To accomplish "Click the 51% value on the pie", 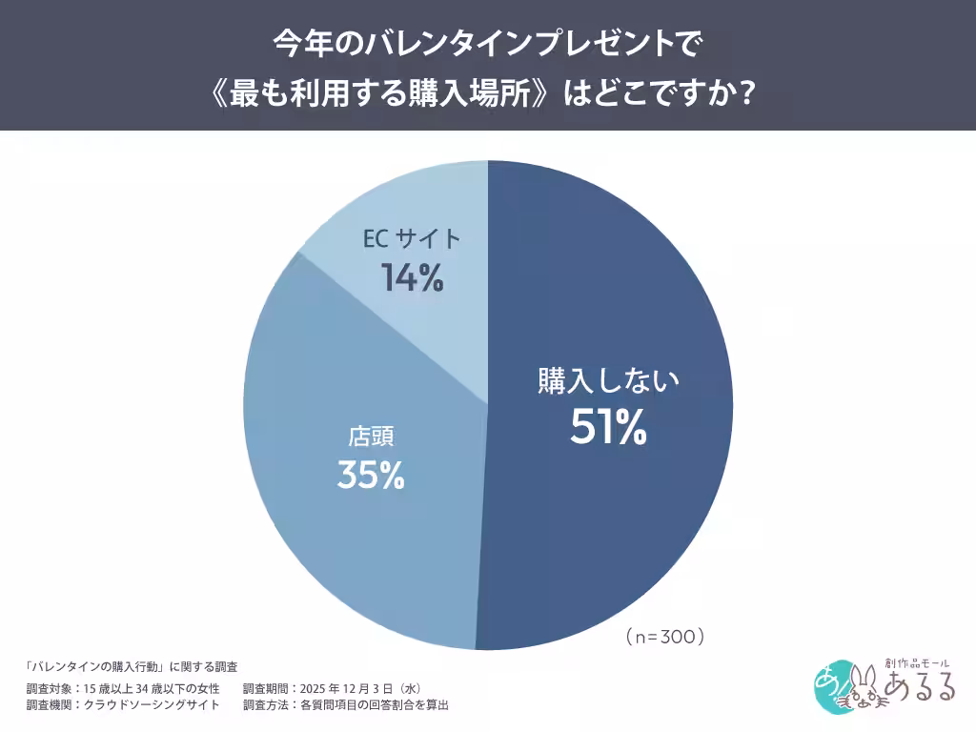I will coord(608,429).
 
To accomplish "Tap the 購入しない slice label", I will coord(608,381).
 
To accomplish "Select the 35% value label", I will coord(371,475).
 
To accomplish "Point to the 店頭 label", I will coord(371,437).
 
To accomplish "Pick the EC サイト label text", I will coord(412,239).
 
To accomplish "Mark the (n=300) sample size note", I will coord(664,636).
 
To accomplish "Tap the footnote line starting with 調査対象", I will coord(124,688).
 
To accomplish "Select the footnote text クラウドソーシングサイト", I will coord(152,705).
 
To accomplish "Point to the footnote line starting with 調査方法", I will coord(345,705).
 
